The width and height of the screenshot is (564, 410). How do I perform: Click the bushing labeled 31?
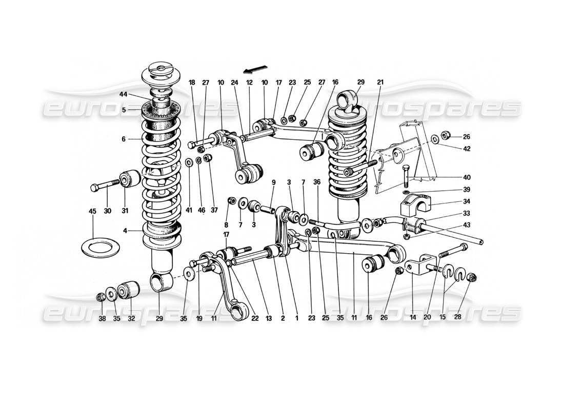[130, 180]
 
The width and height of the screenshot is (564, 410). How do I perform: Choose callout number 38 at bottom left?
[102, 318]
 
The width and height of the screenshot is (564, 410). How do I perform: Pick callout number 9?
[273, 182]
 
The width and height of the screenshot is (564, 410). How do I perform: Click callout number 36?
[317, 182]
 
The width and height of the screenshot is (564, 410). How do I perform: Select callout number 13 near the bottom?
[269, 318]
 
